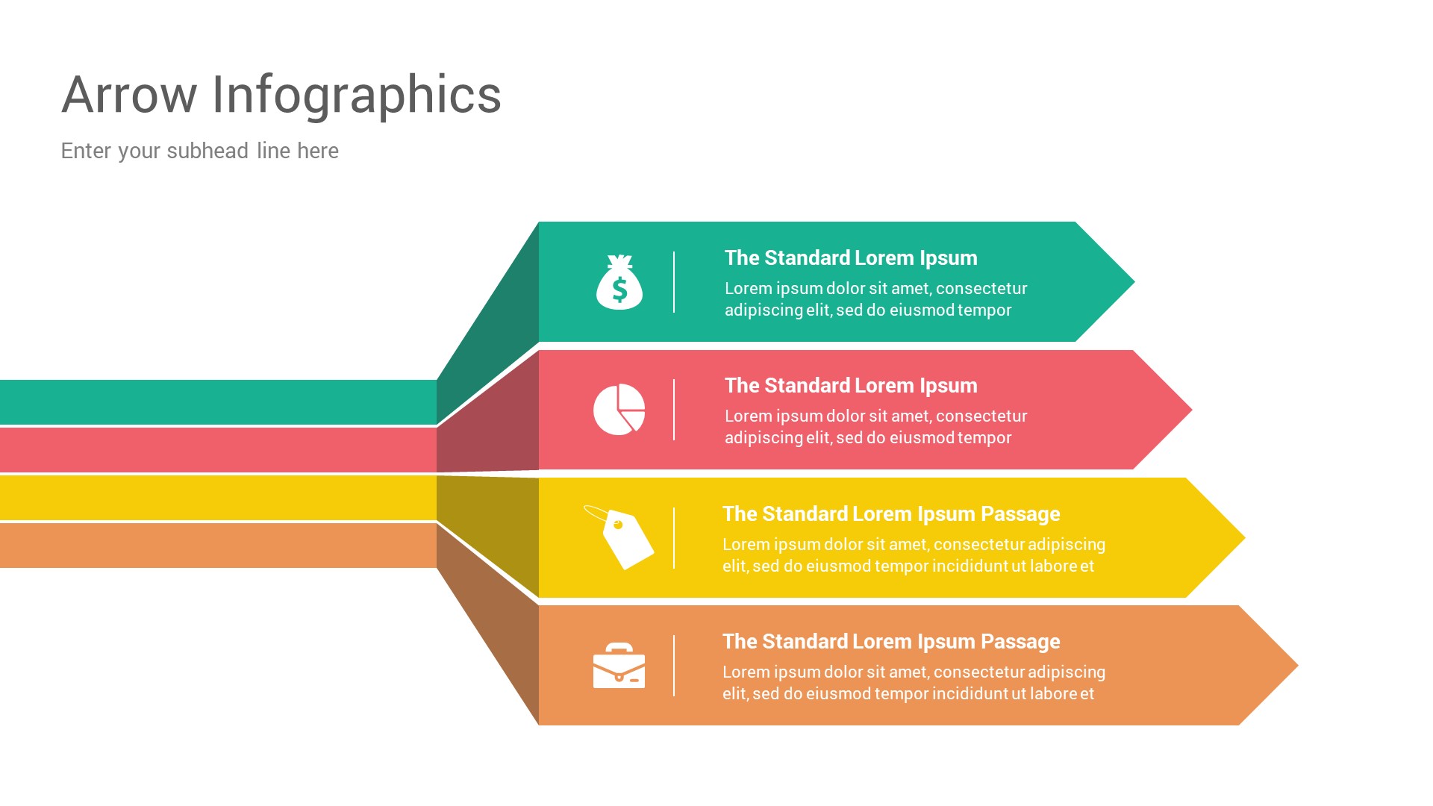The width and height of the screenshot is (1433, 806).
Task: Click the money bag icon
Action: click(x=619, y=283)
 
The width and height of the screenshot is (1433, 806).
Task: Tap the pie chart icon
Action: click(x=619, y=409)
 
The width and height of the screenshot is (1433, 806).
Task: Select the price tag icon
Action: click(x=621, y=537)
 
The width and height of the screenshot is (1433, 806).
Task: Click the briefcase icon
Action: click(x=619, y=666)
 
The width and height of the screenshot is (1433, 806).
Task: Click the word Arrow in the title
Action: click(x=129, y=95)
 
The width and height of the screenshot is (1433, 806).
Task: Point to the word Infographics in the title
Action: click(x=356, y=95)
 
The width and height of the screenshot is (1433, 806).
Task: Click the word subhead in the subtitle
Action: click(x=207, y=151)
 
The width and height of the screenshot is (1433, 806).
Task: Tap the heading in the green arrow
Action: click(x=850, y=258)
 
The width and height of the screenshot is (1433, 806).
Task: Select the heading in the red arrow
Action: click(x=850, y=386)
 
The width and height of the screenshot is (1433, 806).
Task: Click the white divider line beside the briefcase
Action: click(x=674, y=666)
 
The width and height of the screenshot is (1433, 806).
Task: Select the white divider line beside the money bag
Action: click(x=674, y=282)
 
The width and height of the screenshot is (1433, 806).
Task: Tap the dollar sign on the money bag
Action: click(x=619, y=289)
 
